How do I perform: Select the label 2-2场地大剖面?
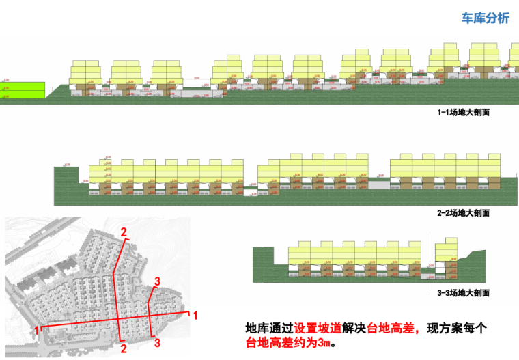pyautogui.click(x=463, y=214)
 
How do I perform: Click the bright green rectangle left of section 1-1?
pyautogui.click(x=23, y=92)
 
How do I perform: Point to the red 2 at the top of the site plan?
pyautogui.click(x=124, y=232)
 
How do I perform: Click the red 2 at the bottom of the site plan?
pyautogui.click(x=124, y=348)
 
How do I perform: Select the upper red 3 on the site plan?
pyautogui.click(x=157, y=281)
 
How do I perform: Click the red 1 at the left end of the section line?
pyautogui.click(x=36, y=331)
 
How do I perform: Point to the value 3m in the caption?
pyautogui.click(x=323, y=342)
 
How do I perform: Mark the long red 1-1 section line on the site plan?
pyautogui.click(x=82, y=324)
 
